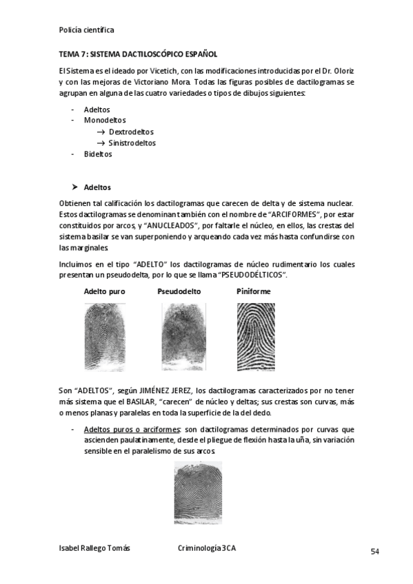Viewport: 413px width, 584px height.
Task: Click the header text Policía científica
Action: coord(87,30)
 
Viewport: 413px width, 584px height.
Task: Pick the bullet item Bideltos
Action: coord(98,154)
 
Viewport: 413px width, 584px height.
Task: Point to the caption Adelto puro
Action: coord(104,291)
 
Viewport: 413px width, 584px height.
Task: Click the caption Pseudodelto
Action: coord(179,291)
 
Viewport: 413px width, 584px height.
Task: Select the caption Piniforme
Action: coord(254,291)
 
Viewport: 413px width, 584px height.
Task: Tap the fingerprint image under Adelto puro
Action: coord(104,334)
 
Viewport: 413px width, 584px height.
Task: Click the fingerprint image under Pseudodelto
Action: coord(179,334)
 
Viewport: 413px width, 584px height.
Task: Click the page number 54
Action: coord(375,551)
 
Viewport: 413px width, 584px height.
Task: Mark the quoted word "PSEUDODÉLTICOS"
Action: coord(251,275)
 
